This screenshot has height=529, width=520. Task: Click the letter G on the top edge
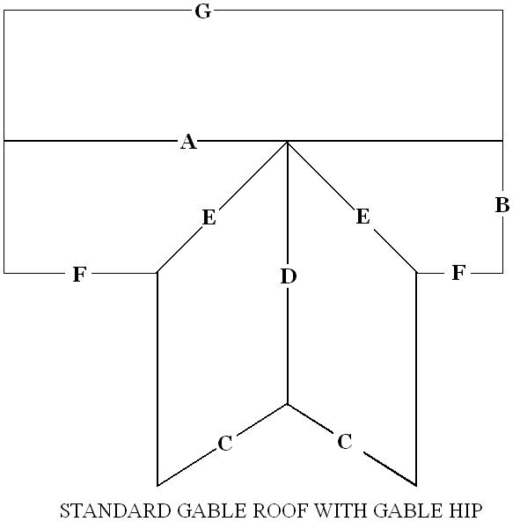pos(203,11)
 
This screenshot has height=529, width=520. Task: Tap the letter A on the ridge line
pos(188,142)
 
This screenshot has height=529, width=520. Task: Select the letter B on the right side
pos(502,205)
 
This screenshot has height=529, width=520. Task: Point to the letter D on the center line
pos(289,276)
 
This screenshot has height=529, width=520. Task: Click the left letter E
pos(209,217)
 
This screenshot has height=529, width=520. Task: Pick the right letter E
pos(363,217)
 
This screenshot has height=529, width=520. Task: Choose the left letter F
pos(79,274)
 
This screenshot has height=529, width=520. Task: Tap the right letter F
pos(458,273)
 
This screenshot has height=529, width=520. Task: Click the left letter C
pos(225,443)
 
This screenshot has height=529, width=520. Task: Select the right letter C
pos(345,441)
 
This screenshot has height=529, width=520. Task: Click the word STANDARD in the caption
pos(115,511)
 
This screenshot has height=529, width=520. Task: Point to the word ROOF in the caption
pos(281,511)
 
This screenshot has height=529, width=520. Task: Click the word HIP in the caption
pos(465,511)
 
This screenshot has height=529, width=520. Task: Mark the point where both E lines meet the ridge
pos(288,142)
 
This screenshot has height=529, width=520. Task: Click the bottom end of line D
pos(288,404)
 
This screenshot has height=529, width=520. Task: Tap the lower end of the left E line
pos(157,272)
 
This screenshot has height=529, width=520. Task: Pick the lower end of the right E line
pos(416,272)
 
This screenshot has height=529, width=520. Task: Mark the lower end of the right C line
pos(416,486)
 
